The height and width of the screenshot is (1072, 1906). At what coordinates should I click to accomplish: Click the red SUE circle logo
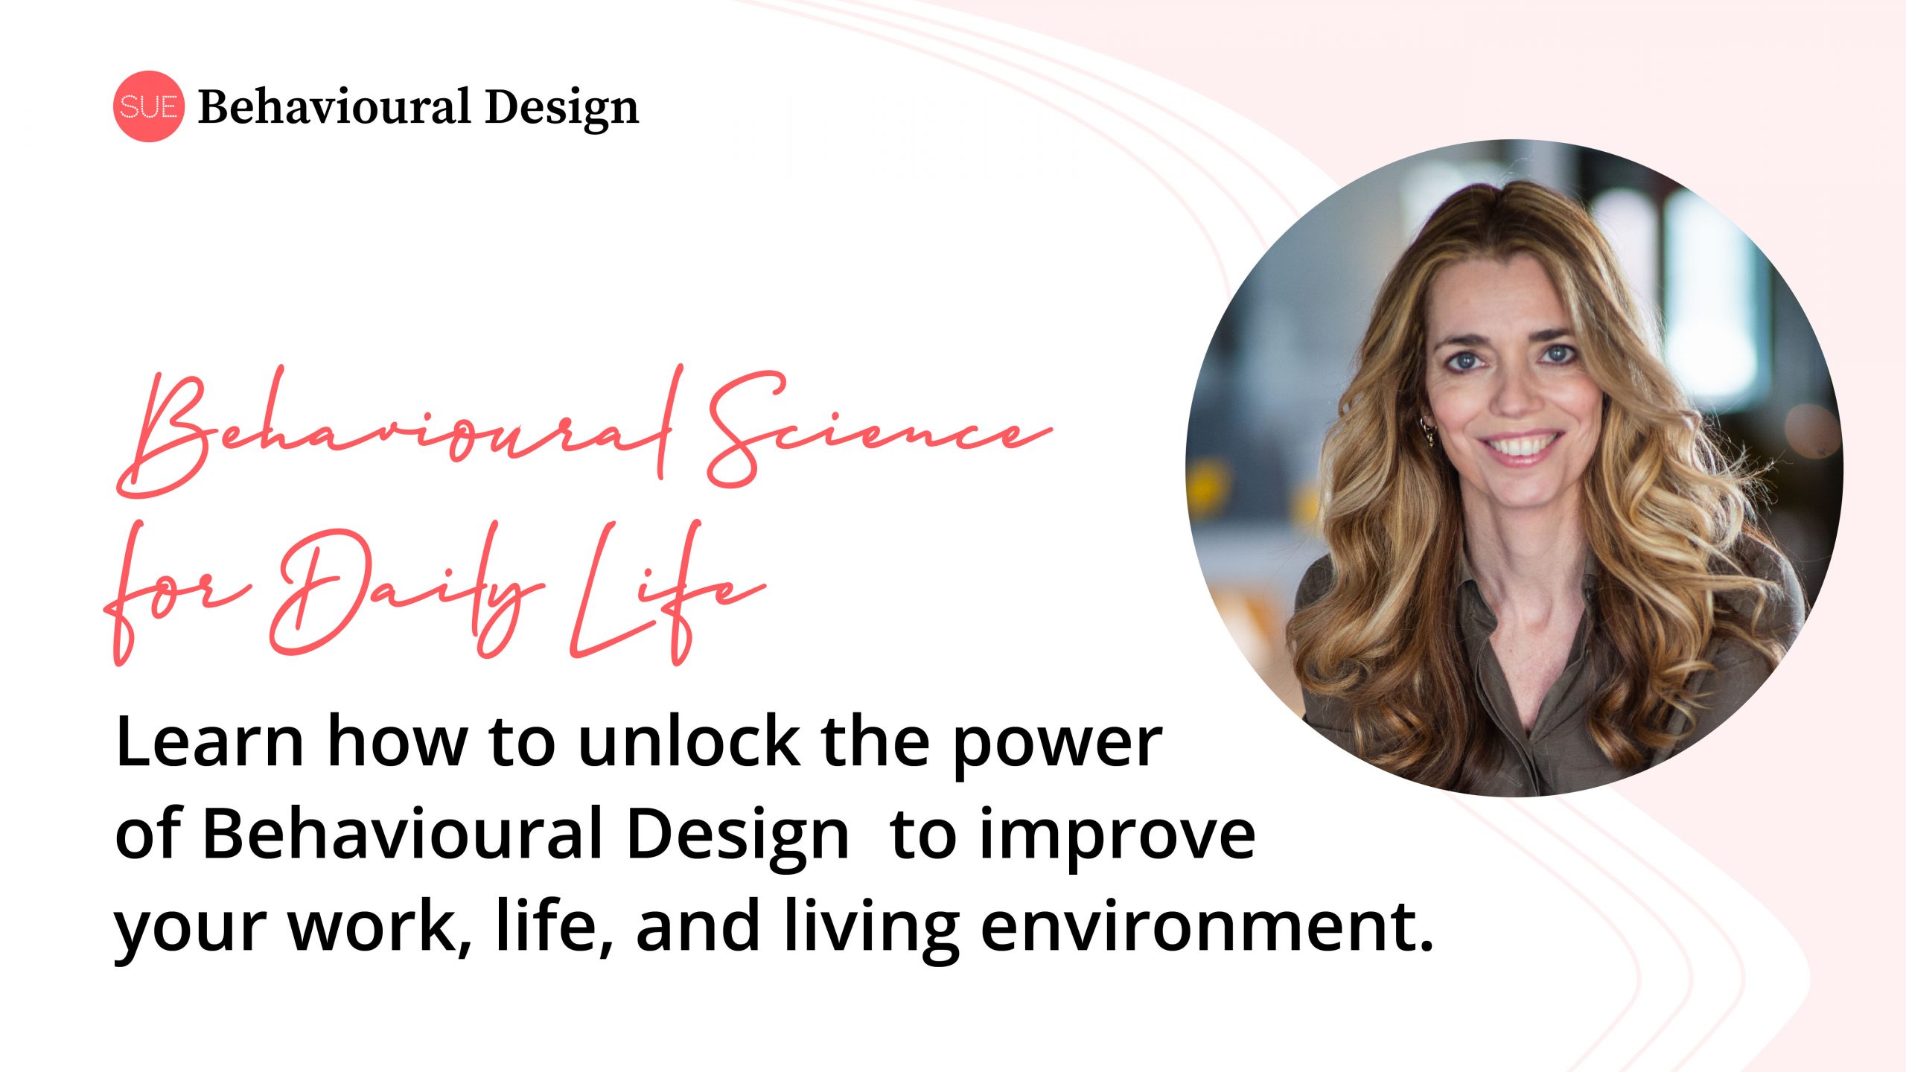tap(148, 106)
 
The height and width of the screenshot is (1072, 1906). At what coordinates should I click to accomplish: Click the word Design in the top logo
tap(562, 109)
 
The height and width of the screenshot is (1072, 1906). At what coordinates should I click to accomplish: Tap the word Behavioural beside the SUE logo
tap(334, 106)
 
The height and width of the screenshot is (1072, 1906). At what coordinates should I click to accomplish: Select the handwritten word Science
tap(879, 430)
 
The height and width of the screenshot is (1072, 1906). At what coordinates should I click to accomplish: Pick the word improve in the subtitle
tap(1118, 837)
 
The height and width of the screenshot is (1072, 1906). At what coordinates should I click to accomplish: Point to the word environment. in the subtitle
tap(1207, 928)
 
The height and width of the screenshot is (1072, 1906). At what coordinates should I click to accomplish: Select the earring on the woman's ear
tap(1427, 432)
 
